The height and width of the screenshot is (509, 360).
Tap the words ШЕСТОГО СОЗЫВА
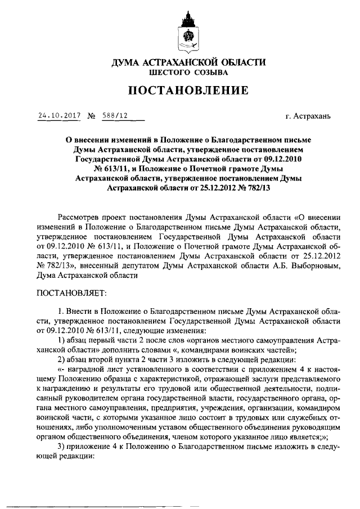click(188, 73)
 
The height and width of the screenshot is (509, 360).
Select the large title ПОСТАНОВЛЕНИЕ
click(188, 91)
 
